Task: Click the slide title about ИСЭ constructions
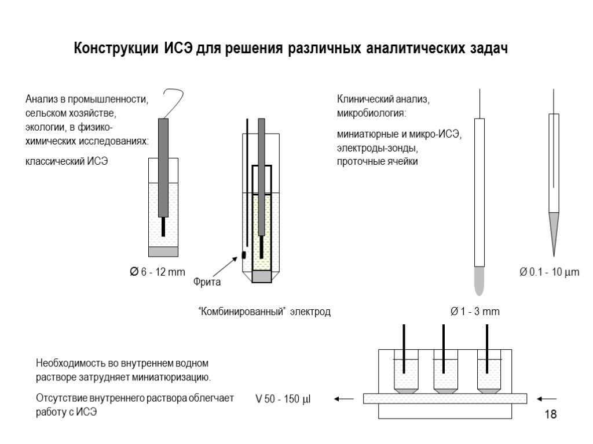(x=291, y=49)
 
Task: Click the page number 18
(x=550, y=414)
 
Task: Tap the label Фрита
(x=208, y=283)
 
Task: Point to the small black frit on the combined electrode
(x=244, y=254)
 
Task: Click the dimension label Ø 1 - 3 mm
(x=474, y=312)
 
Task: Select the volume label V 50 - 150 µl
(x=283, y=398)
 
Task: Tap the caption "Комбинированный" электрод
(x=265, y=312)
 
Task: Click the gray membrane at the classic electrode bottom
(x=163, y=251)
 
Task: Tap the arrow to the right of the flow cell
(x=547, y=398)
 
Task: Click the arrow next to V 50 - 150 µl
(x=344, y=398)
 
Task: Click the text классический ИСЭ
(x=67, y=161)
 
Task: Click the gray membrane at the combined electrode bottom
(x=262, y=277)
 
